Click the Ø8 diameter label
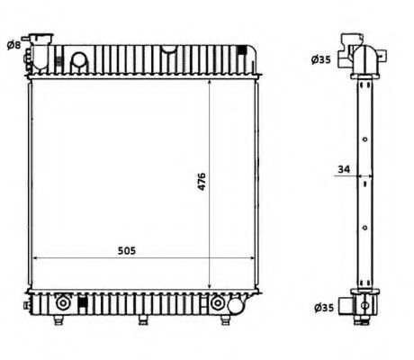(13, 44)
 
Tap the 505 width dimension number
(126, 251)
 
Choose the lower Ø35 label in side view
(320, 307)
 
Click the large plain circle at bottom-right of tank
(236, 309)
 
